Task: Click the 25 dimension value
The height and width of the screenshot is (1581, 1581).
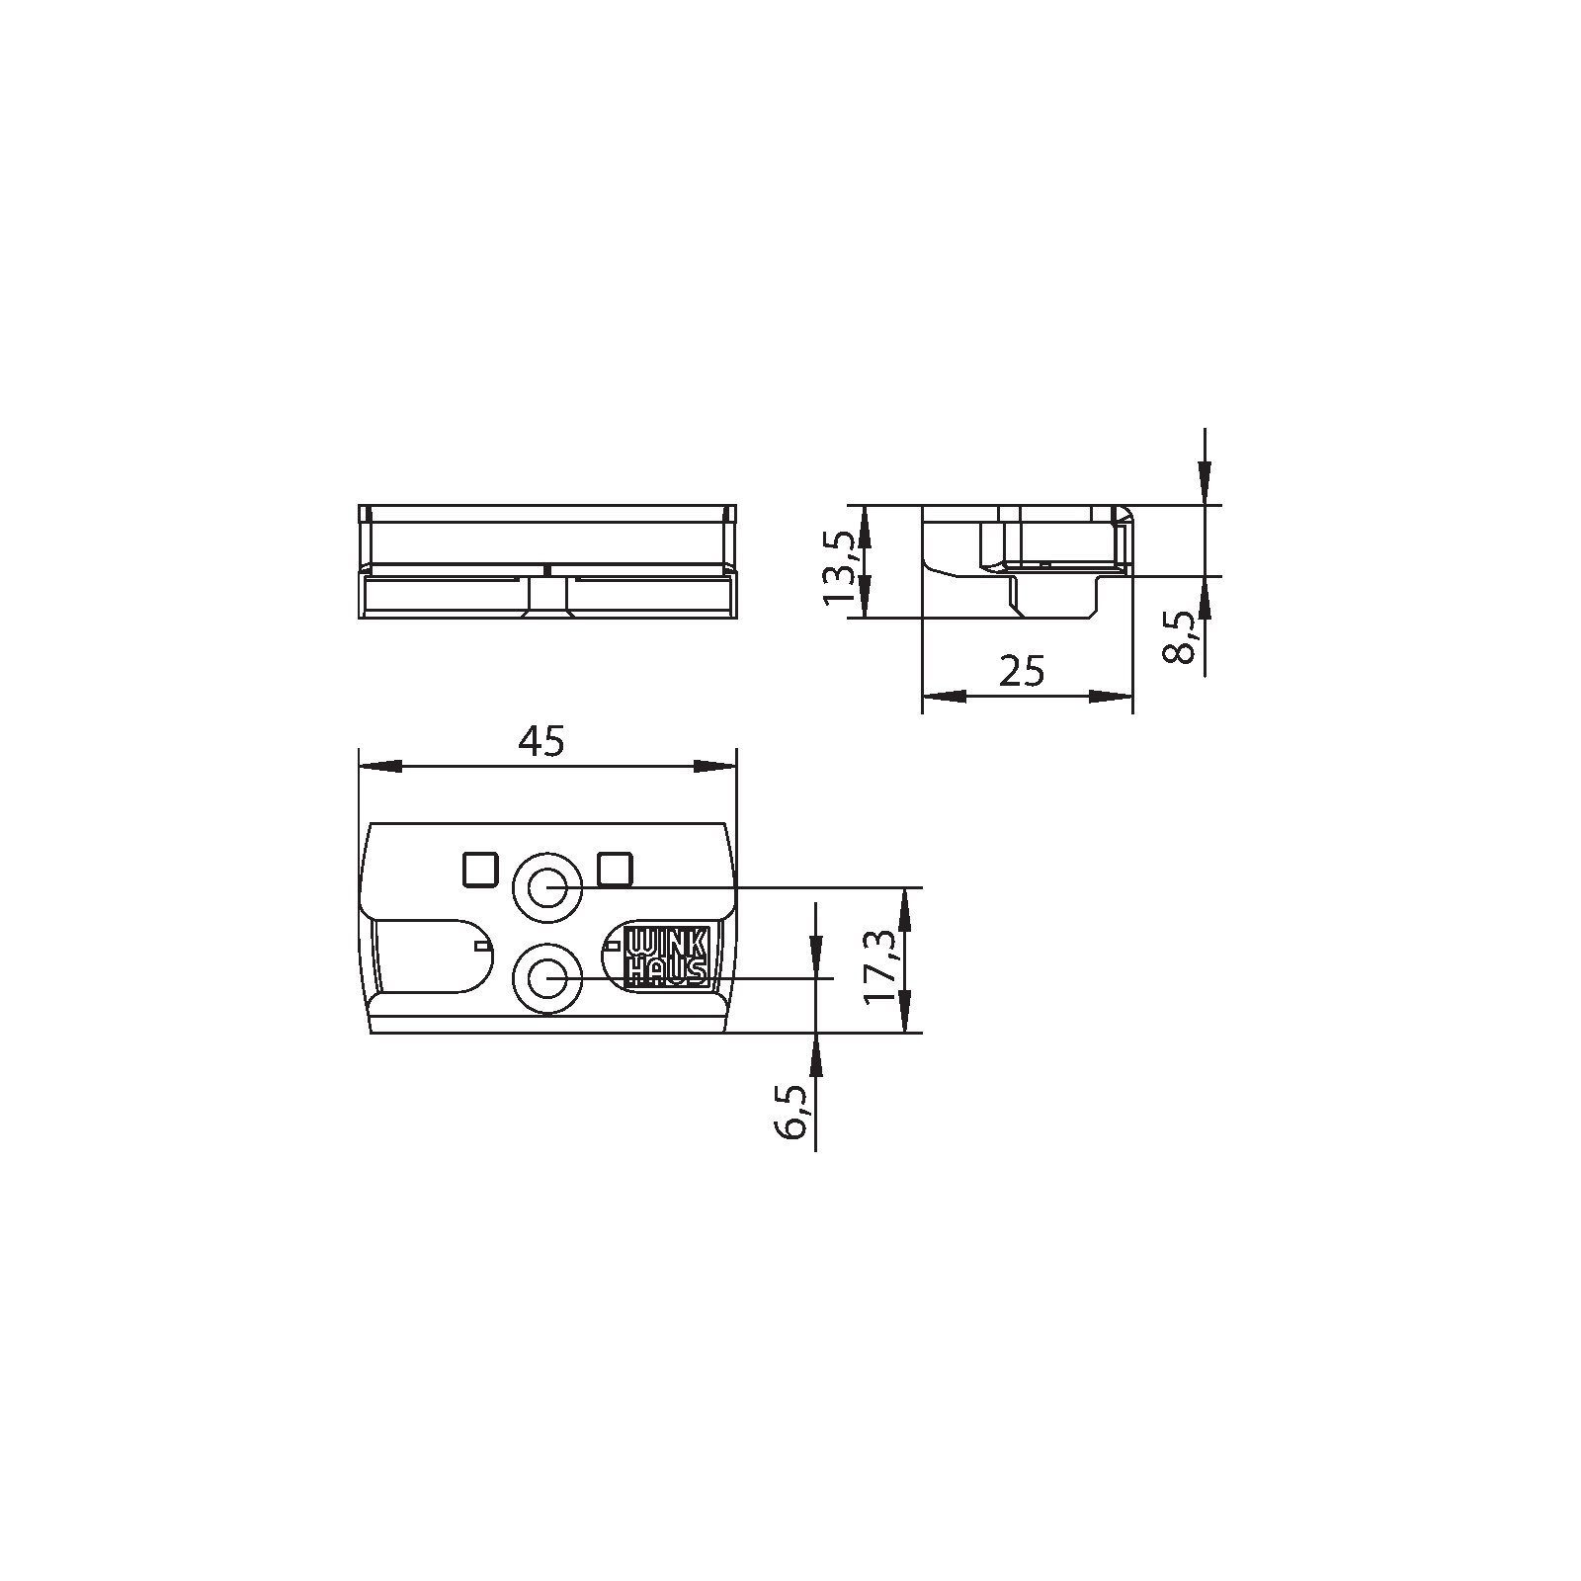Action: coord(1022,671)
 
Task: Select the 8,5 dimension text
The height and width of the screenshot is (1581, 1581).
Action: coord(1181,639)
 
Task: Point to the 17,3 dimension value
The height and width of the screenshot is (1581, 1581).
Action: coord(882,966)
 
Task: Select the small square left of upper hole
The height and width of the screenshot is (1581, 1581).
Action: coord(480,870)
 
